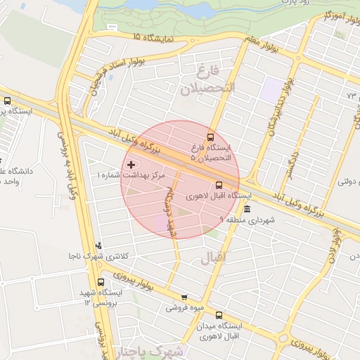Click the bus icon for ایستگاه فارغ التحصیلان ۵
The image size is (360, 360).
[210, 136]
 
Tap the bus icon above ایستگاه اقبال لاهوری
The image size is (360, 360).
[219, 185]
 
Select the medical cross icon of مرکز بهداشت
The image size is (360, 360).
[131, 164]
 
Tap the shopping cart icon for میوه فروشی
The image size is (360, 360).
[184, 297]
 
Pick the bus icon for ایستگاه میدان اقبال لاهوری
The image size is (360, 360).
[219, 315]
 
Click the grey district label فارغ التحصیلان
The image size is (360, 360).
[208, 82]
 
